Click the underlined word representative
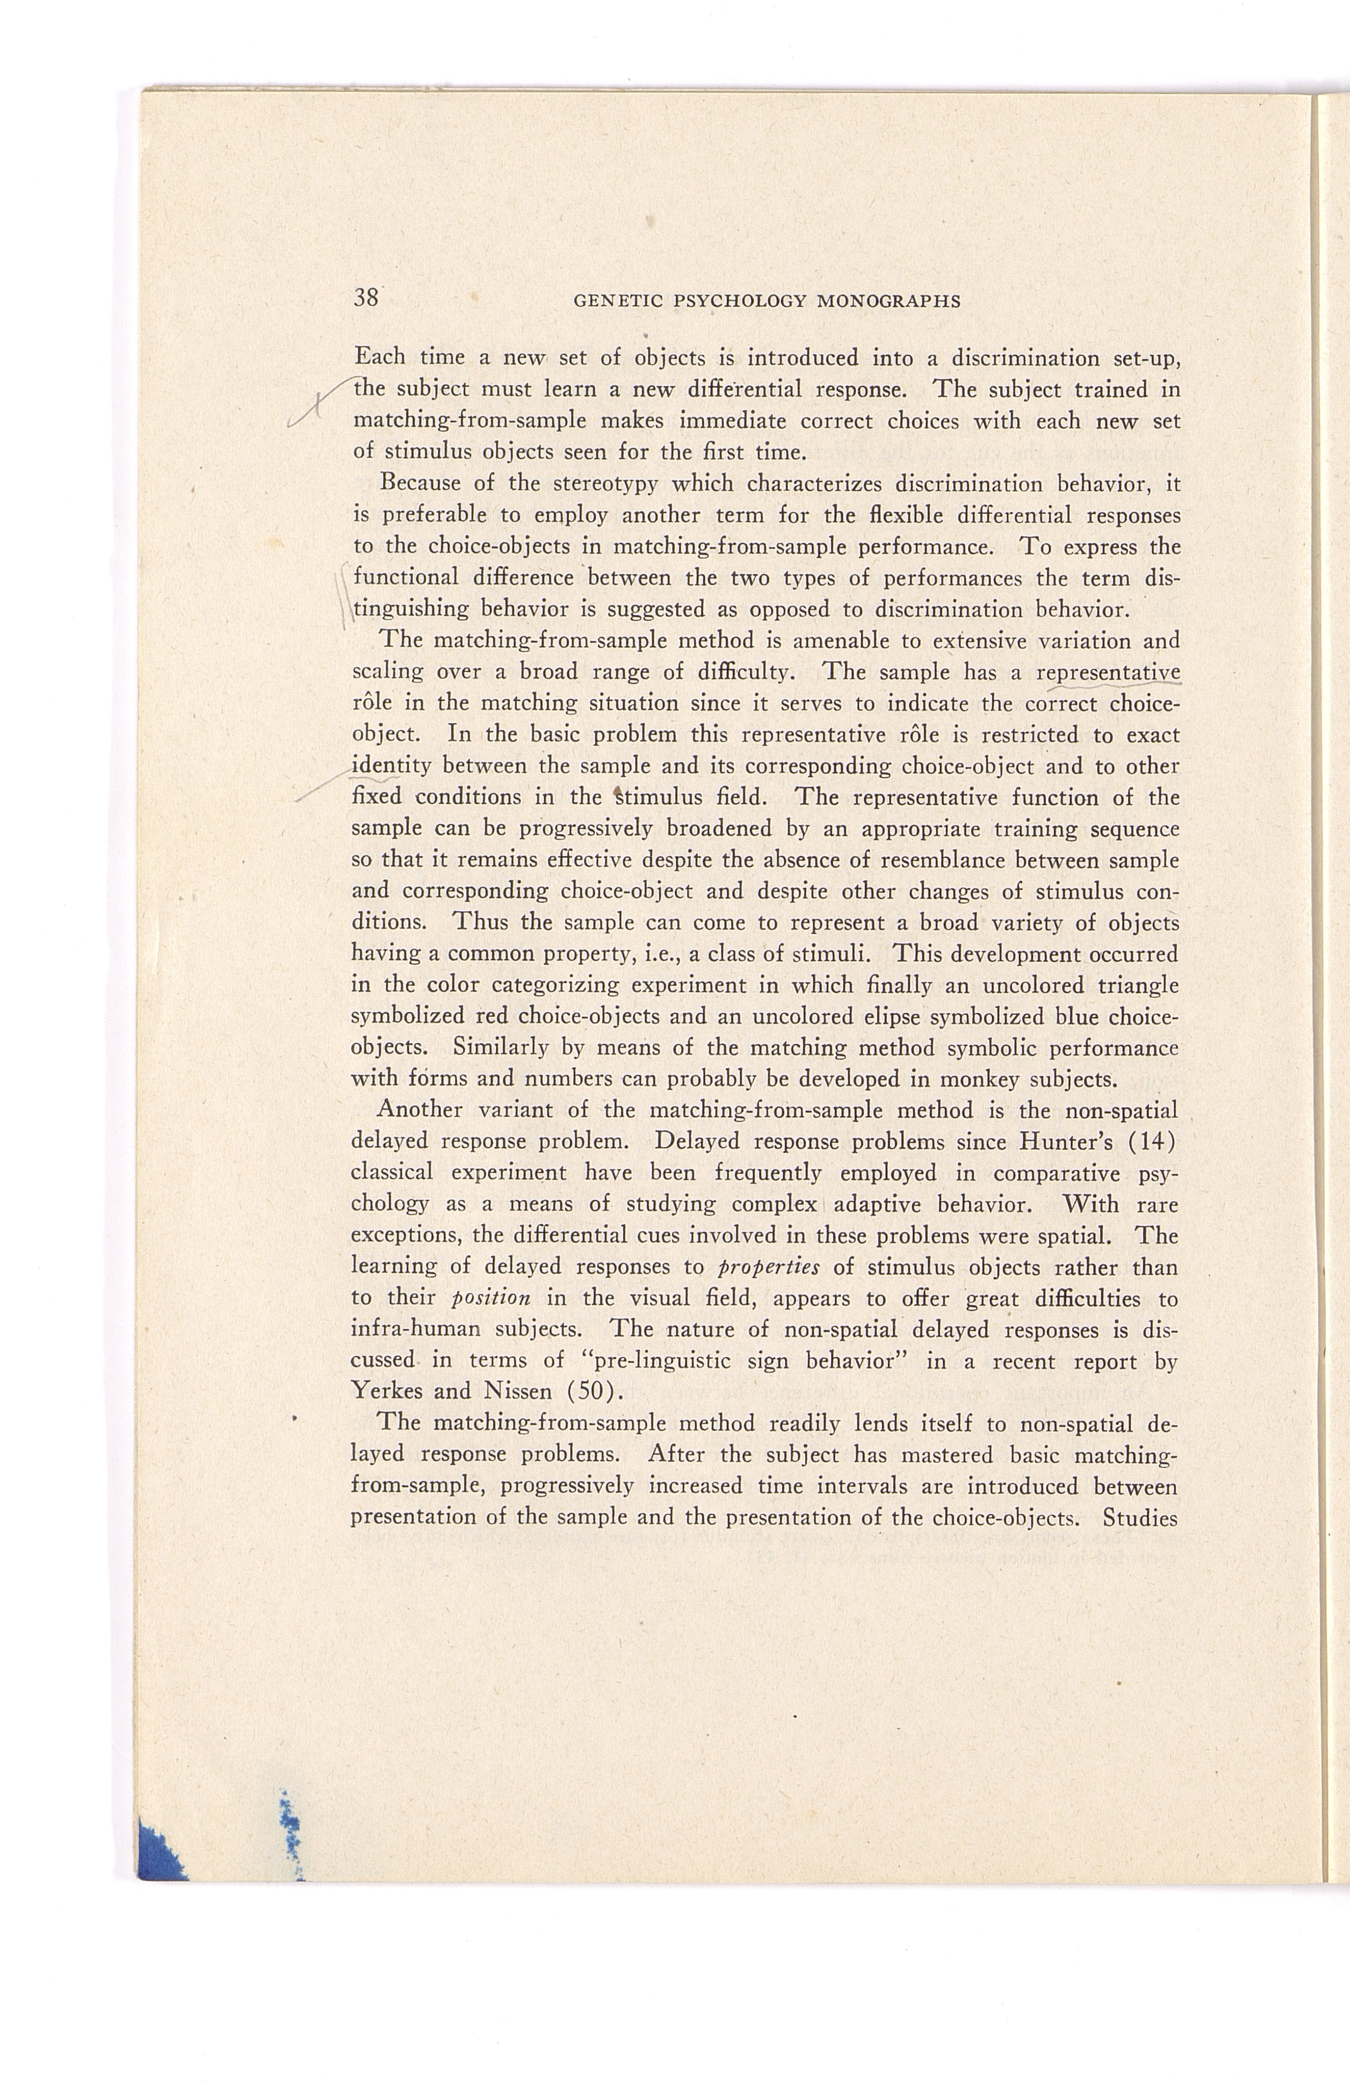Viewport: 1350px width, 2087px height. point(1108,673)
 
